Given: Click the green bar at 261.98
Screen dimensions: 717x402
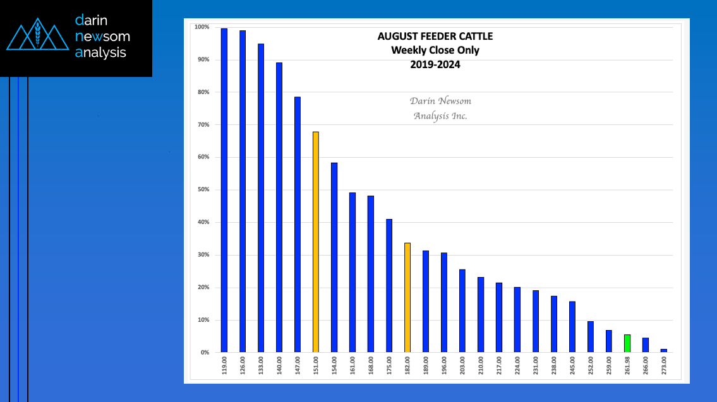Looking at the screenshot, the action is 627,343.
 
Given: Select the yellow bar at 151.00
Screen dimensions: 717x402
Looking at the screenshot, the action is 315,242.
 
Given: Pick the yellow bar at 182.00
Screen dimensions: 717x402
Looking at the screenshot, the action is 407,297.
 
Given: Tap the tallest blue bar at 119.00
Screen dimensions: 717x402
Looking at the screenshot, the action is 224,191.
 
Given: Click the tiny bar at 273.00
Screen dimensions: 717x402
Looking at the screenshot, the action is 664,351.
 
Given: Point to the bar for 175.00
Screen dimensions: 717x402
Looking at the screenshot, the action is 389,285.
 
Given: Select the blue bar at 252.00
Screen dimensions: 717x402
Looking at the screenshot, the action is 591,336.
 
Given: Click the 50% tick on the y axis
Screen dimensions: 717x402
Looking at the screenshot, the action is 203,189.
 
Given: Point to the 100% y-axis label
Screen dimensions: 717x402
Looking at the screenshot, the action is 202,27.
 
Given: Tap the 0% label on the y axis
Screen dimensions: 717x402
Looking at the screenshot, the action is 205,352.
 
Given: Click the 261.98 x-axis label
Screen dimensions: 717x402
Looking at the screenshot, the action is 627,366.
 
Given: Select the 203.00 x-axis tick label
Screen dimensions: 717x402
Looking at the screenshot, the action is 462,366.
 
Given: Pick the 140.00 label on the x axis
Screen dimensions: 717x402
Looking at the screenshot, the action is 279,366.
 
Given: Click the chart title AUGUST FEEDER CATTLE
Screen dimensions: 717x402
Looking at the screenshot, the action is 435,36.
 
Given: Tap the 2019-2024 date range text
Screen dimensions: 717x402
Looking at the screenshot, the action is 435,64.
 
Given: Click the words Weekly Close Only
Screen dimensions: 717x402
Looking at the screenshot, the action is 435,50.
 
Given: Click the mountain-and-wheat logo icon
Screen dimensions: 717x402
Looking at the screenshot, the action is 37,34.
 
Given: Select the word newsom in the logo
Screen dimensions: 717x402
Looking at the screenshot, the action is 102,36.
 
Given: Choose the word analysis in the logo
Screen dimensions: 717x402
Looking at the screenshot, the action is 100,52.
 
